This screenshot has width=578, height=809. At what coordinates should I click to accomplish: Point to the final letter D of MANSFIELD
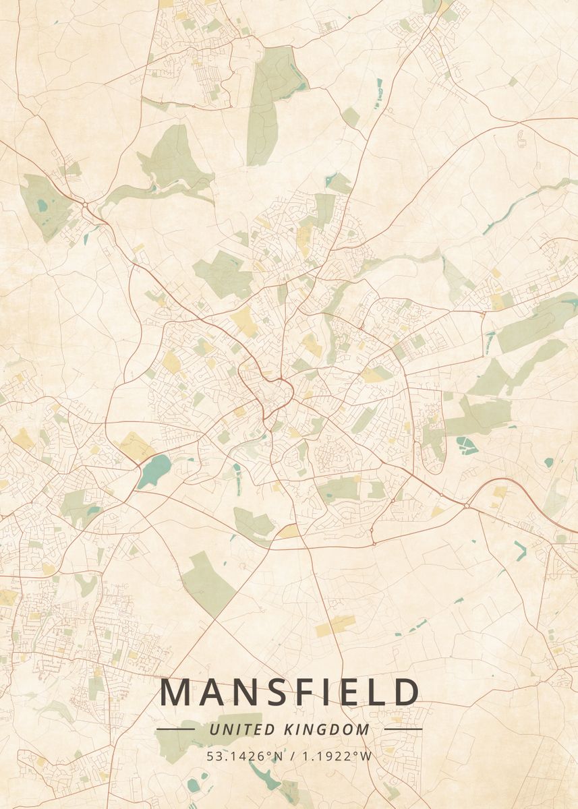[405, 692]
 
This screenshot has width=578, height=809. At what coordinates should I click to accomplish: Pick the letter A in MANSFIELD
[212, 692]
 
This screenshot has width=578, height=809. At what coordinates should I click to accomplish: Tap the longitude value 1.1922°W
[336, 756]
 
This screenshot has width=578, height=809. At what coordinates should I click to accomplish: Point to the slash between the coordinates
[289, 756]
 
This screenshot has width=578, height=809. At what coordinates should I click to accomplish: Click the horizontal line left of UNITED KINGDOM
[175, 729]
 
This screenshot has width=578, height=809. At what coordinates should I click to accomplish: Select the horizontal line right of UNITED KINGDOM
[403, 729]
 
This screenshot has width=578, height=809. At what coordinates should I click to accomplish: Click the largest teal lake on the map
[154, 471]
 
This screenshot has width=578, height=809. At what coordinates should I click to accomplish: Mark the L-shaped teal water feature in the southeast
[520, 549]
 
